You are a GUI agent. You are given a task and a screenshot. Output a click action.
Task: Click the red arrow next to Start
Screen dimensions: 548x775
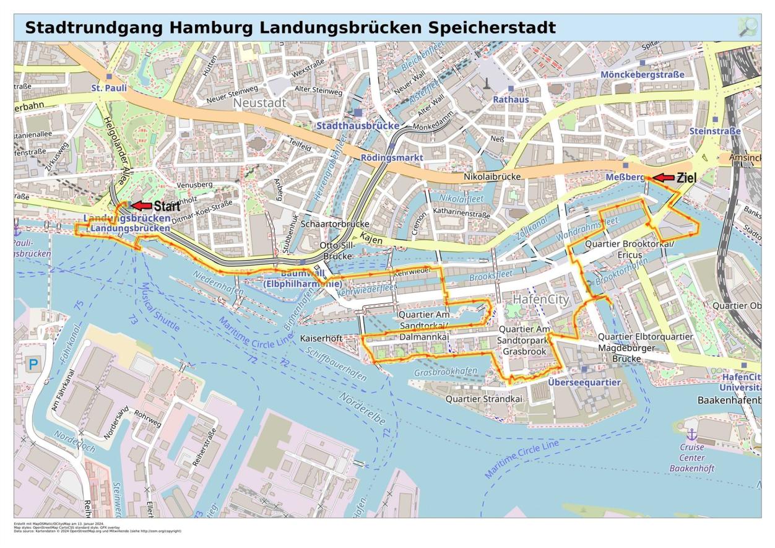pyautogui.click(x=141, y=206)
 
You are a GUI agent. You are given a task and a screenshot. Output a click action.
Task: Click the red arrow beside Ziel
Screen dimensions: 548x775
pyautogui.click(x=664, y=178)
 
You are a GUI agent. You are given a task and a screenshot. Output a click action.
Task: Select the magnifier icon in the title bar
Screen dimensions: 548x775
pyautogui.click(x=748, y=27)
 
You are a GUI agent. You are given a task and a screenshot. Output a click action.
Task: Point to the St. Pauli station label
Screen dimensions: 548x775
pyautogui.click(x=109, y=88)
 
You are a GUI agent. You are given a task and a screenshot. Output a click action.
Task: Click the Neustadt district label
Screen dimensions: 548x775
pyautogui.click(x=259, y=102)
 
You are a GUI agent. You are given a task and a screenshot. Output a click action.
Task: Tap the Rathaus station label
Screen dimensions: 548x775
pyautogui.click(x=511, y=99)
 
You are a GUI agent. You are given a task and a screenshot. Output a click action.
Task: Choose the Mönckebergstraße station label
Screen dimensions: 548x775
pyautogui.click(x=643, y=74)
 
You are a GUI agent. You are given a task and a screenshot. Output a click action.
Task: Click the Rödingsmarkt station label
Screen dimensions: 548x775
pyautogui.click(x=392, y=157)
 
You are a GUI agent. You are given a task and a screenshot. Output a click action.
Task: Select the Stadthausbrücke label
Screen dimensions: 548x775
pyautogui.click(x=358, y=126)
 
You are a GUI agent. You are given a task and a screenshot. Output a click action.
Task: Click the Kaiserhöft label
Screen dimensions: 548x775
pyautogui.click(x=321, y=339)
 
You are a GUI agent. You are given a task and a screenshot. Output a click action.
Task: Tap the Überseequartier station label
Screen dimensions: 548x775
pyautogui.click(x=584, y=382)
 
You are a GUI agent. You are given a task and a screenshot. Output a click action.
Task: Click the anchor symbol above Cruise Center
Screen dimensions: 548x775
pyautogui.click(x=692, y=433)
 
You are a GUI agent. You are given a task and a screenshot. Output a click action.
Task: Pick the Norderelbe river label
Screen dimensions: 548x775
pyautogui.click(x=362, y=409)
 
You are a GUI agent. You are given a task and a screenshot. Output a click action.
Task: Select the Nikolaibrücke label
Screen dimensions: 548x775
pyautogui.click(x=492, y=176)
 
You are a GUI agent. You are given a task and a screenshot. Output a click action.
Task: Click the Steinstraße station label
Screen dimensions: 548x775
pyautogui.click(x=715, y=131)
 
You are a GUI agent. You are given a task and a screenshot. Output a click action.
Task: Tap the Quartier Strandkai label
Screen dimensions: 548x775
pyautogui.click(x=484, y=399)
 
